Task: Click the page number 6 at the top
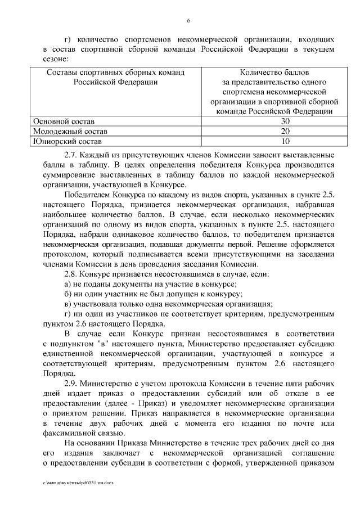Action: pos(189,21)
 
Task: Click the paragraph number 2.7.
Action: pos(71,155)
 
